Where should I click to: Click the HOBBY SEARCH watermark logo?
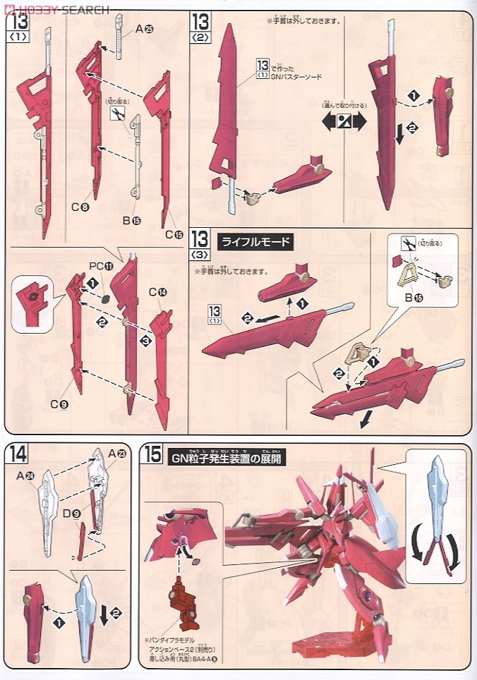(x=56, y=9)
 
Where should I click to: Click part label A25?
(x=145, y=29)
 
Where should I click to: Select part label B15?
(x=132, y=220)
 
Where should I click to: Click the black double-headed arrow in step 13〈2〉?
(x=344, y=121)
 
